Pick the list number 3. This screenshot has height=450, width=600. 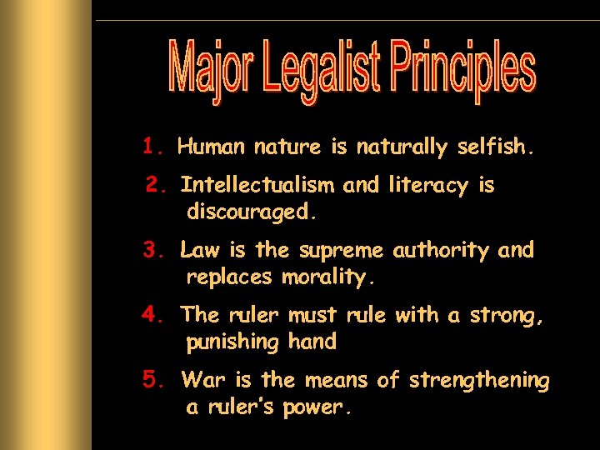pyautogui.click(x=155, y=249)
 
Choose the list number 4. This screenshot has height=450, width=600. pyautogui.click(x=155, y=314)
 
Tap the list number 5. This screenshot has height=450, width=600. pyautogui.click(x=156, y=380)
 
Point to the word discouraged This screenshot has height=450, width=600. pyautogui.click(x=252, y=212)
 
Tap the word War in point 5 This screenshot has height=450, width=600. pyautogui.click(x=203, y=381)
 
